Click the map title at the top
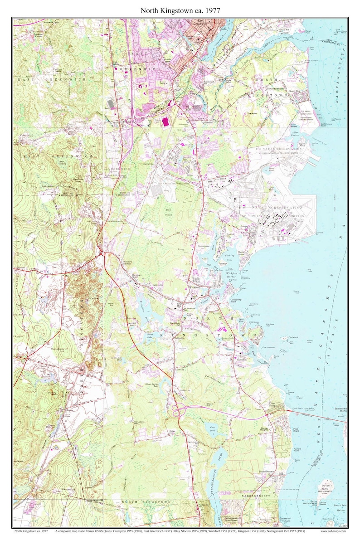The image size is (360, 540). click(x=180, y=10)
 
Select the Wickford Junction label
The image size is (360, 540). click(x=129, y=262)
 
